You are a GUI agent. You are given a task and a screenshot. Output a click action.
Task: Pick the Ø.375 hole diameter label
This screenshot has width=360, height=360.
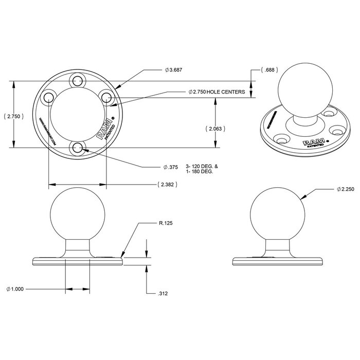point(171,167)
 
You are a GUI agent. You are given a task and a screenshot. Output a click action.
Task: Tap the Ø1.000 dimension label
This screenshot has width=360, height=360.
point(16,289)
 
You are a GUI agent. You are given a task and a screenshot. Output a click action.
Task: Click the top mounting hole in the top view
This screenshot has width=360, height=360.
point(78,80)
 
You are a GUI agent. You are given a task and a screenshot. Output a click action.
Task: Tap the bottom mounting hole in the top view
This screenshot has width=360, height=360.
point(78,148)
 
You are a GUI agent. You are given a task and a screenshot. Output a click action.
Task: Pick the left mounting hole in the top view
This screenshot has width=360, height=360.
point(48,98)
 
